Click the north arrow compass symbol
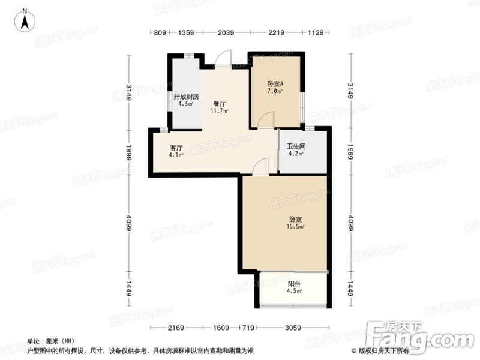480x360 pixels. [x=25, y=20]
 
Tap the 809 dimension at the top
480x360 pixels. [x=160, y=32]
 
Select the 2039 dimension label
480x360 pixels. [x=226, y=32]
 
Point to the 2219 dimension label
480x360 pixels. [x=277, y=32]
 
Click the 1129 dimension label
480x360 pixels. [x=316, y=32]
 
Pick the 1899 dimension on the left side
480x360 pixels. [x=128, y=152]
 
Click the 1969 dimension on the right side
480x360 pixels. [x=350, y=152]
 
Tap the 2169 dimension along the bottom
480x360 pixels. [x=176, y=328]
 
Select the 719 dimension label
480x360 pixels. [x=248, y=328]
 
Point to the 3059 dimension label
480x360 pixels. [x=293, y=328]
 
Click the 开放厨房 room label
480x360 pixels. [x=186, y=97]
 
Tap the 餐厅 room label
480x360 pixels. [x=220, y=104]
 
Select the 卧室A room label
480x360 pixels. [x=275, y=83]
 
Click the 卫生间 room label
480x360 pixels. [x=296, y=146]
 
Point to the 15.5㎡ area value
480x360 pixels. [x=295, y=227]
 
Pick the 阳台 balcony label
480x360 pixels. [x=294, y=284]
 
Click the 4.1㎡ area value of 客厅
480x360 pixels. [x=176, y=155]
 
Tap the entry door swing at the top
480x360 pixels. [x=223, y=58]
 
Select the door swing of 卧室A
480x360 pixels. [x=266, y=119]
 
